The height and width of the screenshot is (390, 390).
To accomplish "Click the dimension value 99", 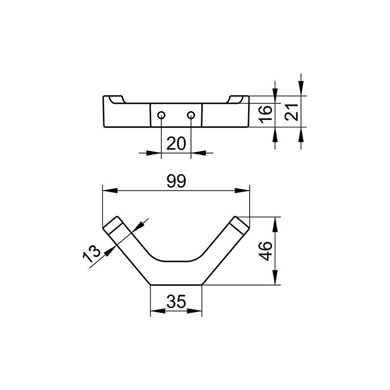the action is [176, 181].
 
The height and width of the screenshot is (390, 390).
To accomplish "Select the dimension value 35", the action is [176, 301].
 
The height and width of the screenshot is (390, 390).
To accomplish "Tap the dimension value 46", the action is [265, 251].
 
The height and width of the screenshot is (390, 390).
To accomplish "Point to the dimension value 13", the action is [91, 253].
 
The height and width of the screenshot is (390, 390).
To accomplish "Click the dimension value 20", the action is [176, 143].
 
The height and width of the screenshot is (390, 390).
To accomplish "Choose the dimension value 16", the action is [265, 114].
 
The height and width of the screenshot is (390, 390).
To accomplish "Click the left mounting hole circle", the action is [161, 115].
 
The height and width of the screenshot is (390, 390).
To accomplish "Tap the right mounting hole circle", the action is [191, 115].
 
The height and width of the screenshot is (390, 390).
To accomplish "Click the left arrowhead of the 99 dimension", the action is [110, 191].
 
